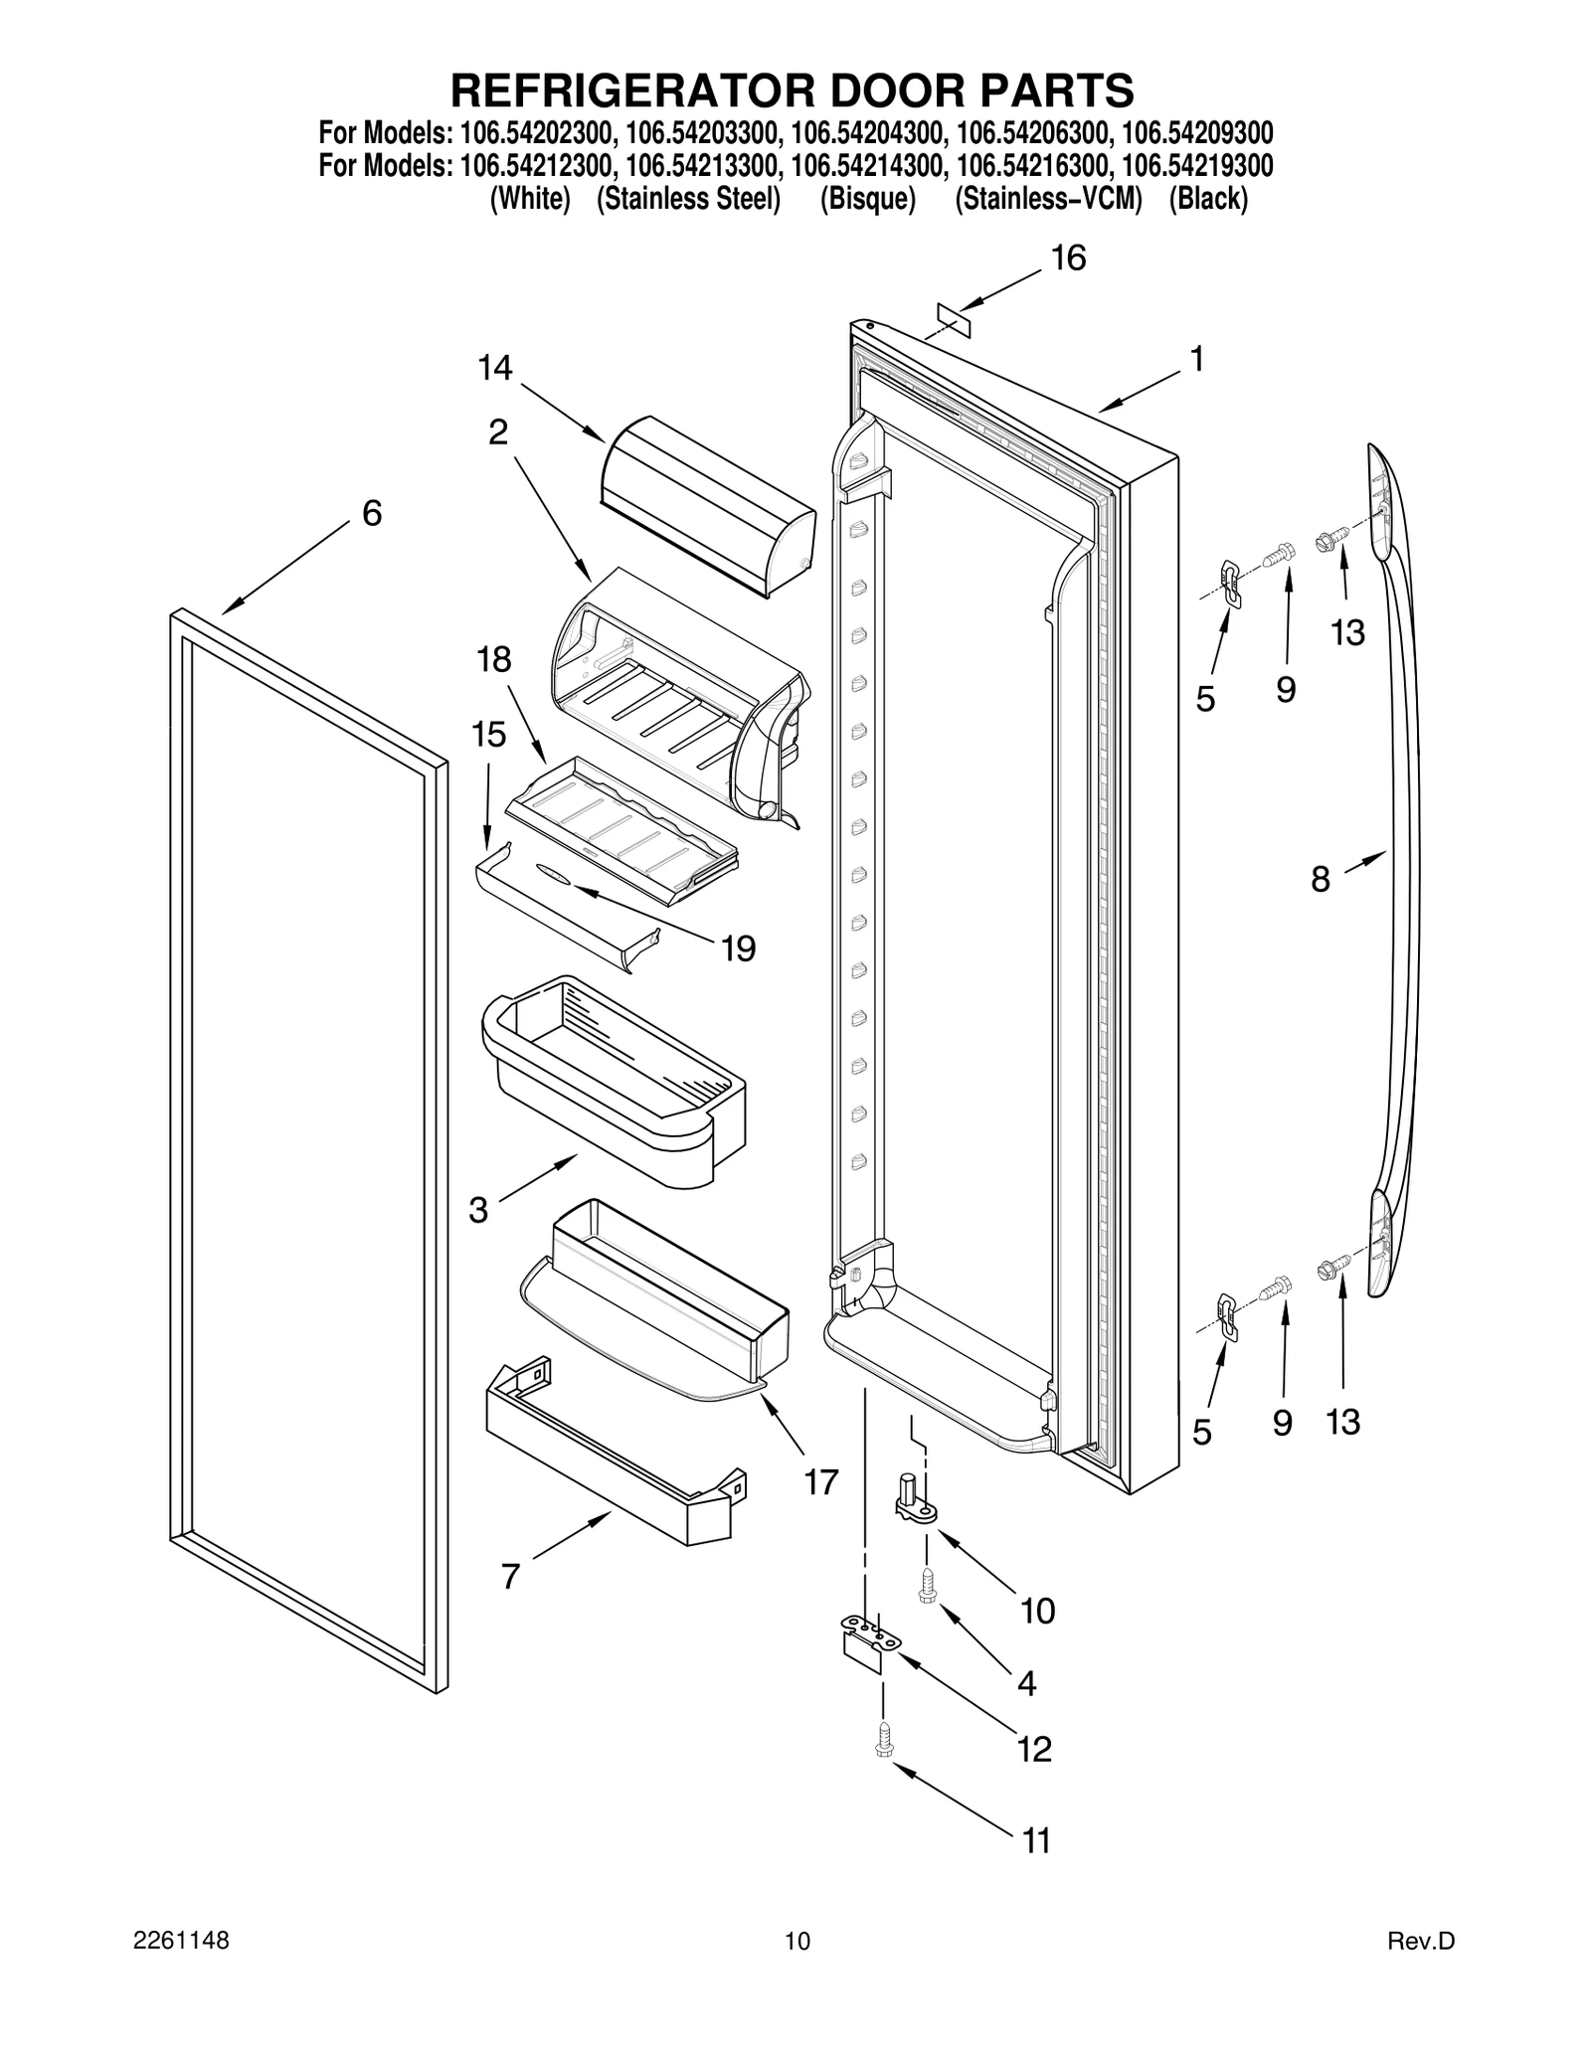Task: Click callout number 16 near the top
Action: [x=1068, y=258]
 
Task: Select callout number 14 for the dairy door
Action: [x=494, y=369]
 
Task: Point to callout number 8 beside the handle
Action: [x=1320, y=879]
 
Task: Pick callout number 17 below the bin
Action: [x=821, y=1482]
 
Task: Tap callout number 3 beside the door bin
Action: [x=478, y=1210]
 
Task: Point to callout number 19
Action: [x=738, y=948]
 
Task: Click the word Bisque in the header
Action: [x=867, y=199]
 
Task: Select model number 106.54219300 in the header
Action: [x=1196, y=164]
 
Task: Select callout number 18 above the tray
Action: [x=494, y=659]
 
